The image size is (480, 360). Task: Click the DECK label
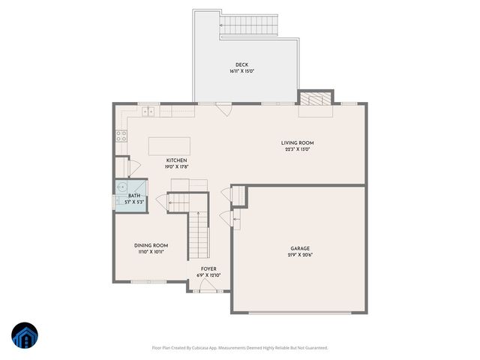point(241,65)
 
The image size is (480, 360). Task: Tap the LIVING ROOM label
point(297,142)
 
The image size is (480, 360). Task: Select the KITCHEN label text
point(176,160)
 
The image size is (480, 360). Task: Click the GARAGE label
point(300,248)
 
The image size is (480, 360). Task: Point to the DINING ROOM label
point(151,245)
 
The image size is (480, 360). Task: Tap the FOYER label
point(208,268)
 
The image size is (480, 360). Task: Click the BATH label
point(134,196)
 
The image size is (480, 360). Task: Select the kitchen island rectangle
point(169,145)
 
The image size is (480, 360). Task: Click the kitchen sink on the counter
point(148,112)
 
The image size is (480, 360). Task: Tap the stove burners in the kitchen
point(120,136)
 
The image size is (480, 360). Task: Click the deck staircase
point(249,25)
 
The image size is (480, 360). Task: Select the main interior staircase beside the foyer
point(197,233)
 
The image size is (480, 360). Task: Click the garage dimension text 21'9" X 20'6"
point(300,256)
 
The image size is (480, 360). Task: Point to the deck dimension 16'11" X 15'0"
point(241,72)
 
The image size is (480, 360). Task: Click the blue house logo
point(24,335)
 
